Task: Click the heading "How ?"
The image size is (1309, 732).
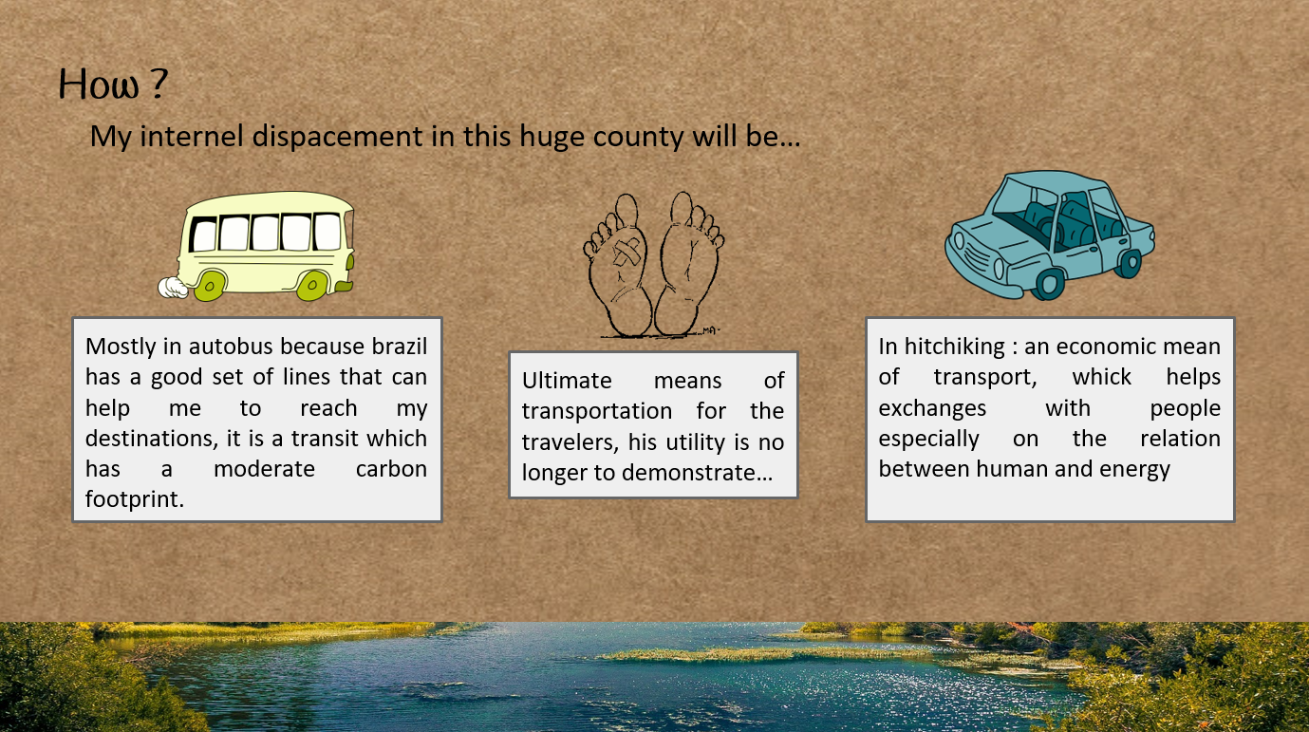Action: [113, 84]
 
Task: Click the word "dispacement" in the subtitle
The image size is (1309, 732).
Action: [337, 137]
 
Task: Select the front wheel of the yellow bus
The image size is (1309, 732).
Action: [311, 286]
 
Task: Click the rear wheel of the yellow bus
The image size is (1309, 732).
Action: [209, 286]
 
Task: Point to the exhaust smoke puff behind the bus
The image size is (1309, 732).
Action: [173, 288]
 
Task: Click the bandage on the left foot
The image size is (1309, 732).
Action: [626, 253]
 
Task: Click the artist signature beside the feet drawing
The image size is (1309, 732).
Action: [709, 331]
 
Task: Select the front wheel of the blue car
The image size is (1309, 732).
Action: [1050, 284]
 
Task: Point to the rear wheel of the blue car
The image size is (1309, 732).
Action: [1129, 264]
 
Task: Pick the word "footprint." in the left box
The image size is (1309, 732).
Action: [135, 499]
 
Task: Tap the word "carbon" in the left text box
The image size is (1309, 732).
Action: [391, 469]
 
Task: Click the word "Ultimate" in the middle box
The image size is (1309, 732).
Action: [567, 381]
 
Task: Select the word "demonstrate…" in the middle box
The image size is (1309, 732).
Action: [697, 473]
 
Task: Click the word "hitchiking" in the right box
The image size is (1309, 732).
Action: [955, 347]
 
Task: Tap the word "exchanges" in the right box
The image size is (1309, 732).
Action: [932, 408]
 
